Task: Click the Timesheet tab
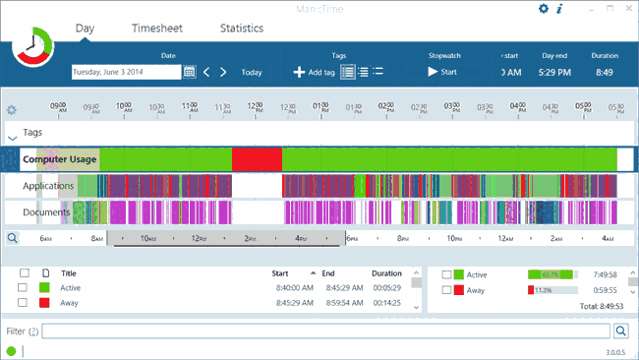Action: coord(157,29)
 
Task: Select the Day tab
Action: coord(85,29)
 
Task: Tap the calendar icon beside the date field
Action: coord(190,72)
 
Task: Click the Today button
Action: coord(252,72)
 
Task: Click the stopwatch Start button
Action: coord(442,72)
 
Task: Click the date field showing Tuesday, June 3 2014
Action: coord(126,72)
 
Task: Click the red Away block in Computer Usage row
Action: coord(257,159)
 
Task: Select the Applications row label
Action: coord(49,186)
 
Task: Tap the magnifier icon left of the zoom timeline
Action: coord(13,238)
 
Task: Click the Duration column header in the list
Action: coord(386,273)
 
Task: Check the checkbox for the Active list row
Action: coord(23,288)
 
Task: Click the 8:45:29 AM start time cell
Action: coord(294,303)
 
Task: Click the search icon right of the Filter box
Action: coord(621,332)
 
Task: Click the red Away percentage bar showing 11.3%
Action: coord(531,290)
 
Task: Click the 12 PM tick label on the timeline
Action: coord(255,107)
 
